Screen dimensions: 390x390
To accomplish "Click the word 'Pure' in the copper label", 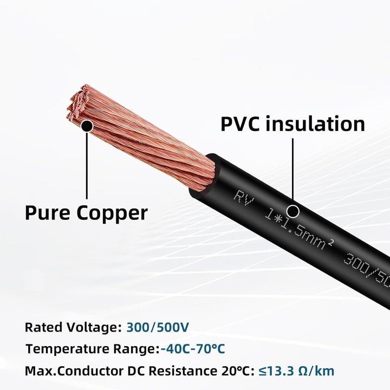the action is tap(48, 213).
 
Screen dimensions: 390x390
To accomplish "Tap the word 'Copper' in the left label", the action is tap(112, 213).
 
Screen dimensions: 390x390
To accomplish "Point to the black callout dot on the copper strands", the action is tap(87, 126).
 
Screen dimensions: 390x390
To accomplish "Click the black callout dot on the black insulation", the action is tap(292, 211).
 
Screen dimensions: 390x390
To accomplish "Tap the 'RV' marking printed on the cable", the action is tap(244, 198).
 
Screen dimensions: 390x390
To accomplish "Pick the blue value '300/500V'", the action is tap(158, 327).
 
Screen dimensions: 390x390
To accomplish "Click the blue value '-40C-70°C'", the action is tap(193, 349).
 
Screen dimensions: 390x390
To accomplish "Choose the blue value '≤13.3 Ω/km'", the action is tap(296, 371).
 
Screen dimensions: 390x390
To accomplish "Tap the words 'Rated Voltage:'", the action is tap(73, 328).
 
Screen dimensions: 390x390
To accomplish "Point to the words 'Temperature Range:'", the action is tap(93, 349).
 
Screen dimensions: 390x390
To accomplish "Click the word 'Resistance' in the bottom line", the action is tap(183, 371).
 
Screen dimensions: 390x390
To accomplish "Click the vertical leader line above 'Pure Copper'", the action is tap(87, 166).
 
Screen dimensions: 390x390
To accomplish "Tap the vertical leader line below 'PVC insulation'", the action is tap(292, 172).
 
